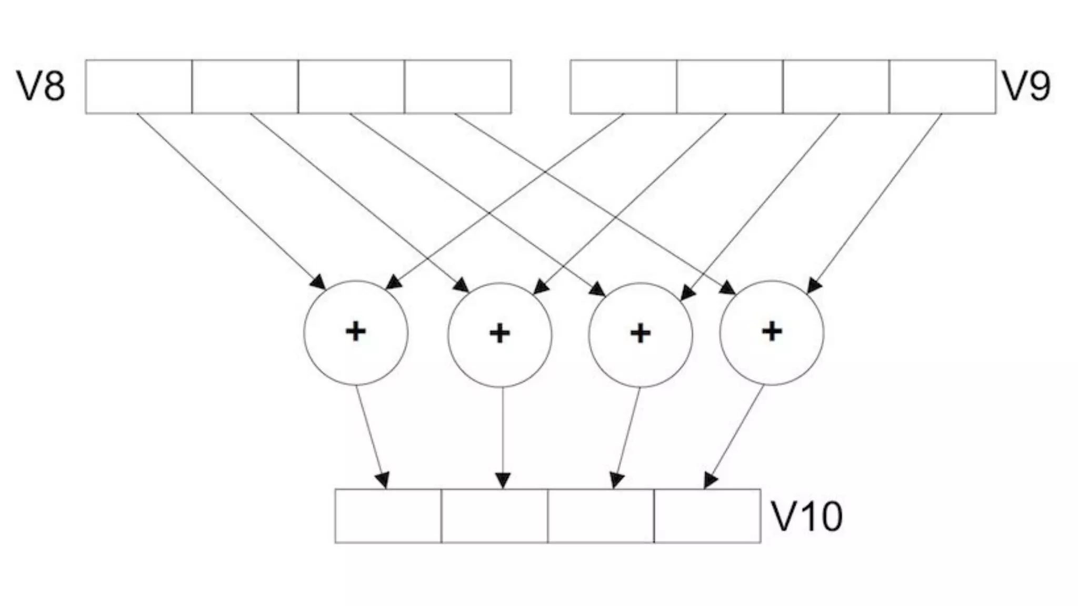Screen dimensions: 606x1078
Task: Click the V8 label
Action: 42,87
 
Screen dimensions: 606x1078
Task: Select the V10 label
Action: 806,517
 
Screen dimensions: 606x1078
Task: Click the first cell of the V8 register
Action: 139,87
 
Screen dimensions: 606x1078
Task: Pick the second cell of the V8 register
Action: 245,87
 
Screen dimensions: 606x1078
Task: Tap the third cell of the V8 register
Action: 352,87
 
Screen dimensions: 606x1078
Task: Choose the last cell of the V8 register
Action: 458,87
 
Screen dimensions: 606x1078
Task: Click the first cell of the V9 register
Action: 624,87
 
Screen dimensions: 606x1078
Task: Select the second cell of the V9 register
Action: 730,87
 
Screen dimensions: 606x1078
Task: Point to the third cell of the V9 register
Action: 836,87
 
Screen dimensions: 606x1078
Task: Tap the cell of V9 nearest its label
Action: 943,87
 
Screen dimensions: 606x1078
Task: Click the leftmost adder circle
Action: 356,333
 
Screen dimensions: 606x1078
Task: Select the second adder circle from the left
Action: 500,335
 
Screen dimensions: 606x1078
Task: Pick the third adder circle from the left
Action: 641,335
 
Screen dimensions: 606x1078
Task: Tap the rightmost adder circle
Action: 772,333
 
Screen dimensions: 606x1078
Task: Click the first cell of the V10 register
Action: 388,516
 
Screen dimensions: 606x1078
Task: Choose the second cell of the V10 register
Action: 495,516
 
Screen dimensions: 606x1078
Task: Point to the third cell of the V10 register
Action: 601,516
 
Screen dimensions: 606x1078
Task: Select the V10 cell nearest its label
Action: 707,516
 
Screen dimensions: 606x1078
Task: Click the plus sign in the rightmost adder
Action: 772,331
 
